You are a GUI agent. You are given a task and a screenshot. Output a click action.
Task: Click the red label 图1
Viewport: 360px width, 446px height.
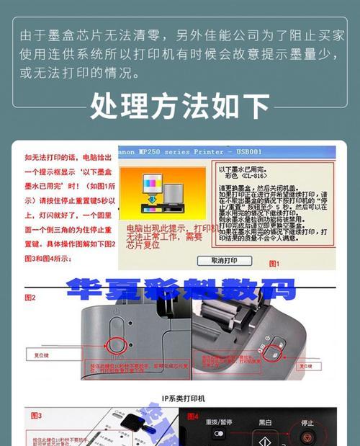click(274, 264)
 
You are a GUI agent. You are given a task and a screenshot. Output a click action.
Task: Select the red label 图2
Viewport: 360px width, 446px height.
click(31, 297)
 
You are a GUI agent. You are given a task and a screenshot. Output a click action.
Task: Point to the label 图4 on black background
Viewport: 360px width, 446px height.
click(192, 416)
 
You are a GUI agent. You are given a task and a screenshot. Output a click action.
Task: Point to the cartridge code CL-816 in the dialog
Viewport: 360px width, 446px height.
click(253, 177)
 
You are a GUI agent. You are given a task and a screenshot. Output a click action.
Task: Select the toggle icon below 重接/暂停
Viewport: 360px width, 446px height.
click(218, 434)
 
